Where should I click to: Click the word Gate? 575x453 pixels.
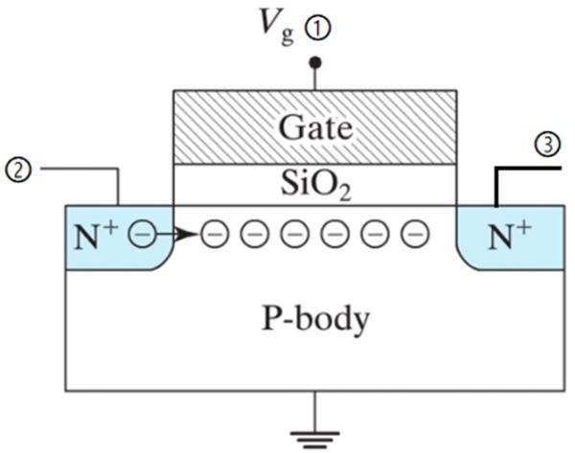coord(313,126)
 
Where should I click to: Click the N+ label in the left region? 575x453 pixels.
coord(99,234)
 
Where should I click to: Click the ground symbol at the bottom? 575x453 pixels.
coord(313,440)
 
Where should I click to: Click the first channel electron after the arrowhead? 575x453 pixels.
coord(214,234)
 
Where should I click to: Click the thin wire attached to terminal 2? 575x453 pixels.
coord(81,170)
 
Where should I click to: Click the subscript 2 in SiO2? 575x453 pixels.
coord(344,194)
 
